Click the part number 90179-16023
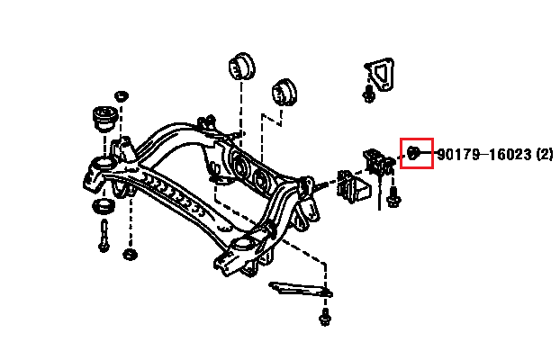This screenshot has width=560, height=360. [484, 155]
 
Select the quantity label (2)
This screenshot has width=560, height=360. [545, 155]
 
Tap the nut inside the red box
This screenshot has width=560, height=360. [413, 153]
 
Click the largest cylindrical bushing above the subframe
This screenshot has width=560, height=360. [242, 67]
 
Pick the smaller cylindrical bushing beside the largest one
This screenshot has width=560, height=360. [284, 92]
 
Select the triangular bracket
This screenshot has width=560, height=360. [380, 75]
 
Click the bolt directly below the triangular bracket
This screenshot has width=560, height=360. [368, 94]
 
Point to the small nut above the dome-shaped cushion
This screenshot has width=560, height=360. [122, 96]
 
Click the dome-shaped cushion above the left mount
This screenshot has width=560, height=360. [104, 118]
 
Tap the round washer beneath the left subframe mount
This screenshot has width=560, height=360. [104, 207]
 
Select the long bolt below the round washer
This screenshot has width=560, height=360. [104, 236]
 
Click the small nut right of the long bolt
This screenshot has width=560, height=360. [130, 255]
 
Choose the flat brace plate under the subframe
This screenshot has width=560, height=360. [300, 289]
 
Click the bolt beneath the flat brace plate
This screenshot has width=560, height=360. [325, 317]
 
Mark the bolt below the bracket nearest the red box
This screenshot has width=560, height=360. [393, 197]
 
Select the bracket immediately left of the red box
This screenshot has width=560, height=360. [378, 162]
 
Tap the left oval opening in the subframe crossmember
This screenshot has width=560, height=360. [240, 166]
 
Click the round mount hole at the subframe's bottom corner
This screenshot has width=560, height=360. [243, 246]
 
